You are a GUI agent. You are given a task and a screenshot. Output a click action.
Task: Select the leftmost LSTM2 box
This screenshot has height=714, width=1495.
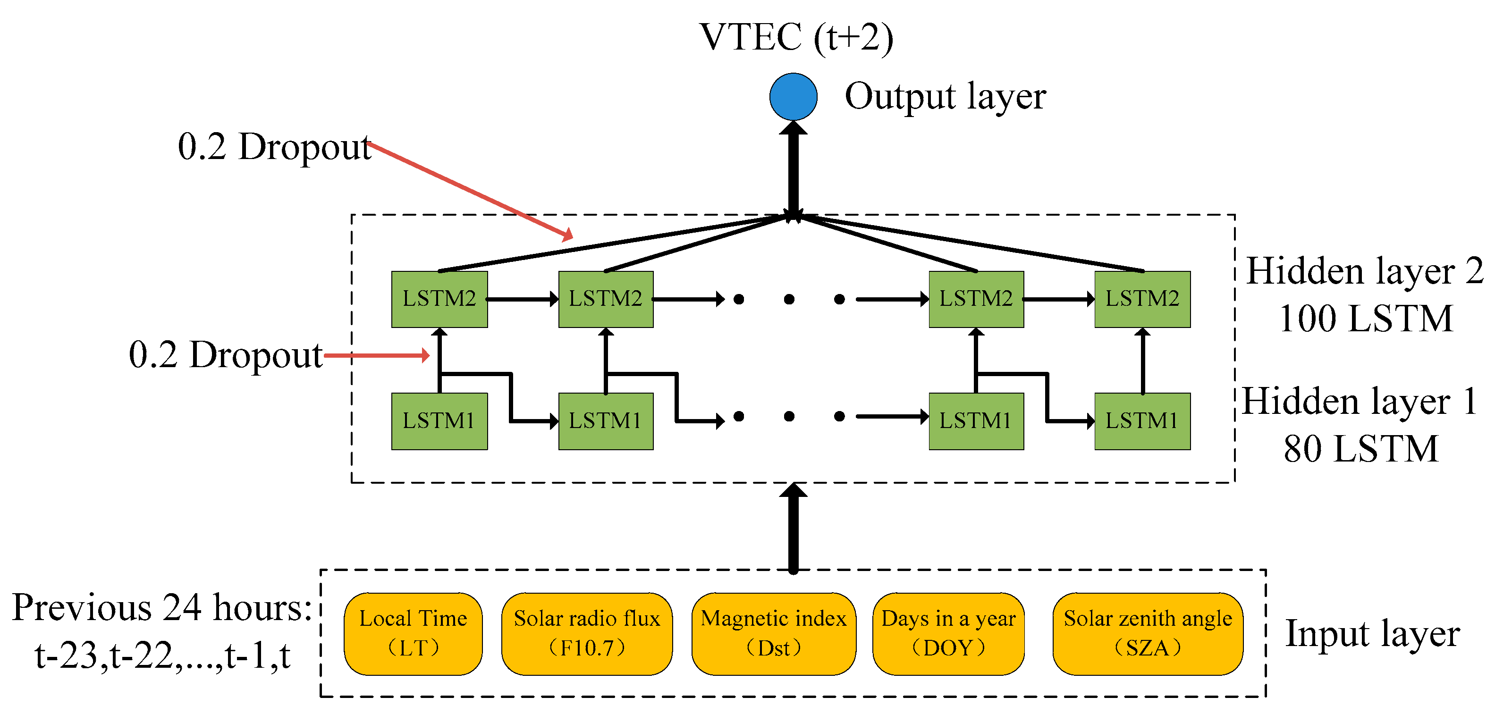click(439, 299)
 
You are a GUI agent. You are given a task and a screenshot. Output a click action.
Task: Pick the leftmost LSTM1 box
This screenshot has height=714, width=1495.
click(439, 421)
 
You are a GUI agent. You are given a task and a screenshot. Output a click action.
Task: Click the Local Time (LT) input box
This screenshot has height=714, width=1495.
click(413, 633)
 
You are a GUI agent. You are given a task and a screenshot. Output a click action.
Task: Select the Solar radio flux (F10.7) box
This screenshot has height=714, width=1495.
click(587, 633)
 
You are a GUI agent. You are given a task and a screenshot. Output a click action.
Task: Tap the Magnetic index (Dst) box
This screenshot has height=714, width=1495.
click(773, 633)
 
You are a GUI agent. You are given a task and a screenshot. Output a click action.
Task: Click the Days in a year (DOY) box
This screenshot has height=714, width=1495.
click(948, 633)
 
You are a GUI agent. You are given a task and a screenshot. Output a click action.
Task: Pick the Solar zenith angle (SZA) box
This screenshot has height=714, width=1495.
click(1148, 633)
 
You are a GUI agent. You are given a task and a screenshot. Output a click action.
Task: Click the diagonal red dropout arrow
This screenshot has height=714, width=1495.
click(470, 190)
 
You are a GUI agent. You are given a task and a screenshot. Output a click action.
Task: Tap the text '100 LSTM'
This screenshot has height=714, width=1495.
click(1366, 319)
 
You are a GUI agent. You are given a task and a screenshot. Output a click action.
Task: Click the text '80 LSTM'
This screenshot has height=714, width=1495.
click(1361, 448)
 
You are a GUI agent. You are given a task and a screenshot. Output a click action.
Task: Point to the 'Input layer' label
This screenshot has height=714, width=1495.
click(1372, 633)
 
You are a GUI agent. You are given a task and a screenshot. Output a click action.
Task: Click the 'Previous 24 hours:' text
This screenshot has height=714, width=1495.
click(162, 607)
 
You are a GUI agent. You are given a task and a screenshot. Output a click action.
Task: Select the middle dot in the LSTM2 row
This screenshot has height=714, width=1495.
click(789, 299)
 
